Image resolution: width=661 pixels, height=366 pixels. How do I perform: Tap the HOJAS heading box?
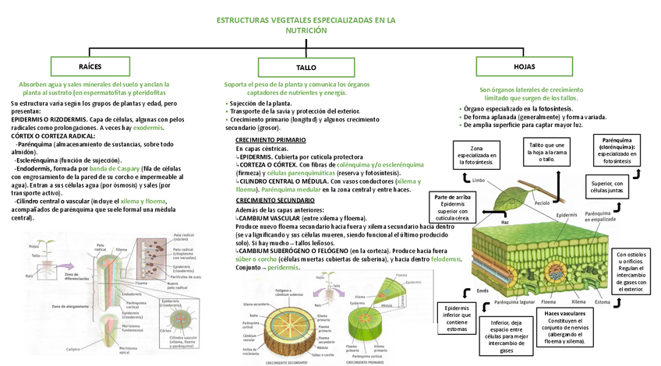[x=525, y=67]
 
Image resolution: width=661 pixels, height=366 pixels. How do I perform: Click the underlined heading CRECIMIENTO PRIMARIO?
[x=270, y=139]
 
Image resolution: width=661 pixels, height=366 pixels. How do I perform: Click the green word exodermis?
[x=148, y=126]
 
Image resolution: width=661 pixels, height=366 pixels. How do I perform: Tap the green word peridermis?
[x=285, y=267]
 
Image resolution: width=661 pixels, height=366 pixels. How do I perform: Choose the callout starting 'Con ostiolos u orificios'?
[x=633, y=271]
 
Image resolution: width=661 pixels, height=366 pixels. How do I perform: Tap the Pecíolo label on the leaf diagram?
[x=542, y=202]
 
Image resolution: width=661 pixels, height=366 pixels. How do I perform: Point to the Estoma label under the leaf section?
[x=603, y=301]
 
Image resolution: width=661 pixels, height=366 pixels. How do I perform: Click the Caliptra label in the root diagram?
[x=72, y=349]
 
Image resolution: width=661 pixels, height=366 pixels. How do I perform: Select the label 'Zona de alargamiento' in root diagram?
[x=69, y=307]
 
